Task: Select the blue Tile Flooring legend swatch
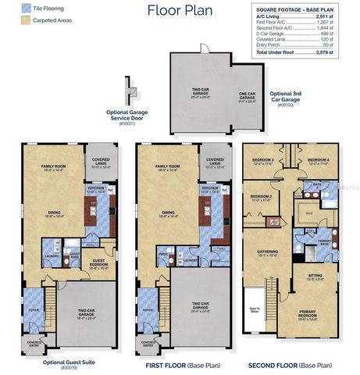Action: (9, 7)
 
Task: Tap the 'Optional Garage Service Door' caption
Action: (128, 116)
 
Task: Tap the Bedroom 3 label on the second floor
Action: (262, 162)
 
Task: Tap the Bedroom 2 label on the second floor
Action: (261, 198)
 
